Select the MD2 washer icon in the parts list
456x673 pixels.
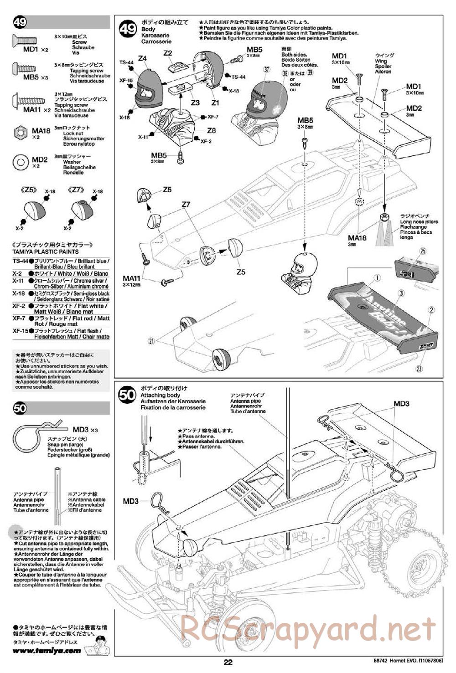tap(21, 162)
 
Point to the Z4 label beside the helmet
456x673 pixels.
tap(142, 58)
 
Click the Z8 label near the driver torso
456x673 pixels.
tap(211, 130)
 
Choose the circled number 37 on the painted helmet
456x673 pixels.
tap(267, 70)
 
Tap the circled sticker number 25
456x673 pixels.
tap(423, 251)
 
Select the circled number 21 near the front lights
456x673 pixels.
tap(152, 340)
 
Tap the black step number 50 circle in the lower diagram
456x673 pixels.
tap(127, 395)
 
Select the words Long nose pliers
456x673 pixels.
tap(419, 222)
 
